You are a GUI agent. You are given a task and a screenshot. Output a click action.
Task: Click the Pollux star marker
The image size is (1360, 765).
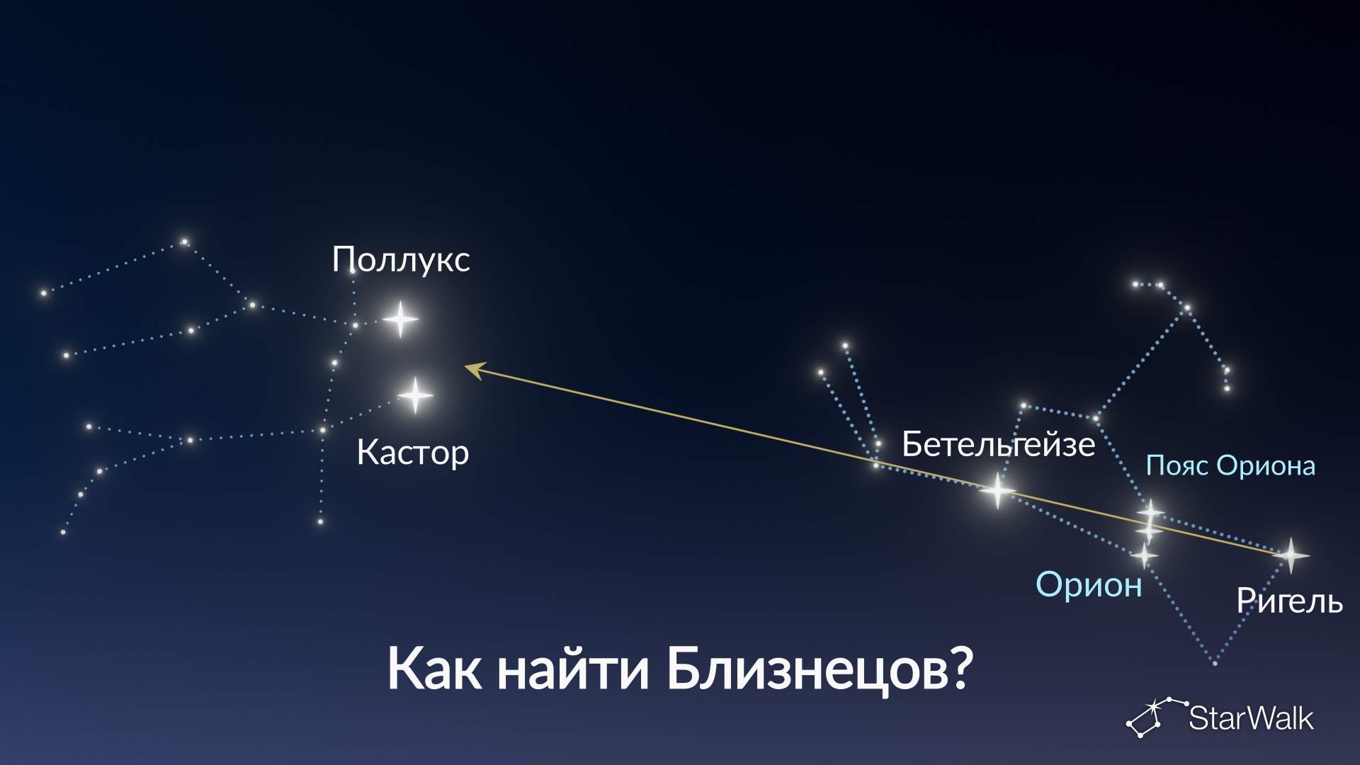400,319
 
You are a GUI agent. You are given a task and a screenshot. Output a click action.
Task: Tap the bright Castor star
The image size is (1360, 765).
415,395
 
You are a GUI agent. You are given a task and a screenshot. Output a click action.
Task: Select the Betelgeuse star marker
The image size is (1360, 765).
997,489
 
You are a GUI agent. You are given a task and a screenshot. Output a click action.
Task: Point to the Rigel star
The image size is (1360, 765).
1291,555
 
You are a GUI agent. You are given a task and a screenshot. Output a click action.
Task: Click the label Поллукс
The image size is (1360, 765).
401,259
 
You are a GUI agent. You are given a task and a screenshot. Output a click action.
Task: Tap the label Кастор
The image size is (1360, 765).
413,452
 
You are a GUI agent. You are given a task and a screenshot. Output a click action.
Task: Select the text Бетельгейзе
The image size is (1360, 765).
999,444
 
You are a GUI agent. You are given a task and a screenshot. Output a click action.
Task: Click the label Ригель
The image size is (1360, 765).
1289,601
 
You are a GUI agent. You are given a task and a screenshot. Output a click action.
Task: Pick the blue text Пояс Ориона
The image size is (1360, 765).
1230,465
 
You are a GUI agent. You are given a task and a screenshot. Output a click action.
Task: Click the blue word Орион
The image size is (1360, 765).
1089,584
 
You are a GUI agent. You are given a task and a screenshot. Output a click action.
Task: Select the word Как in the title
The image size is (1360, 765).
434,669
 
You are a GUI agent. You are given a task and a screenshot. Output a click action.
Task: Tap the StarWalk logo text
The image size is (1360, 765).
1251,718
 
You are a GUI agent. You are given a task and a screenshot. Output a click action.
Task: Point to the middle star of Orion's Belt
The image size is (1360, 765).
1148,531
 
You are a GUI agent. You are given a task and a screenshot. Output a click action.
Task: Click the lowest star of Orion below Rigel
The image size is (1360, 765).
1215,663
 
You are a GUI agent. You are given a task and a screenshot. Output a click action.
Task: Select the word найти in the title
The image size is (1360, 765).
573,669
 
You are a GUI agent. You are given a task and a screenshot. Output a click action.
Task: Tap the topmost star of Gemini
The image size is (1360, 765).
184,242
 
